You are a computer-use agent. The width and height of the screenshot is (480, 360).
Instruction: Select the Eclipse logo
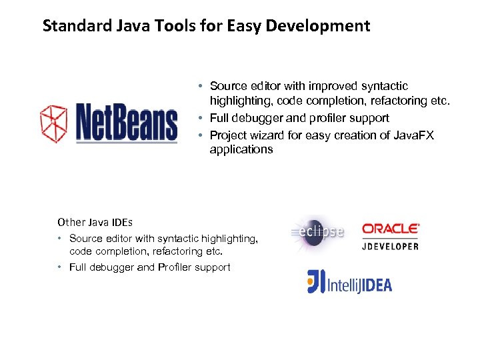tap(318, 232)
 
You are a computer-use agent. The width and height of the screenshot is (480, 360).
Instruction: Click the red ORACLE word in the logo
tap(391, 229)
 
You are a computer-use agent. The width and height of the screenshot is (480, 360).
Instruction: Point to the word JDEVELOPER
tap(391, 245)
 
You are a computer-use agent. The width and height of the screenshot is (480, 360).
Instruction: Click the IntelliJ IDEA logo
tap(349, 282)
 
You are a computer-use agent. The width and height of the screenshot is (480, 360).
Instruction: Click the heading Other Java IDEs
tap(95, 222)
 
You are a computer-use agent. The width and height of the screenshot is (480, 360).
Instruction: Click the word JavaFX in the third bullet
tap(413, 135)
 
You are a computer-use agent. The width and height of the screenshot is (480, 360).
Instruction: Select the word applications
tap(241, 149)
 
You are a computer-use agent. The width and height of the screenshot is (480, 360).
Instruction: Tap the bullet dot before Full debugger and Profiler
tap(60, 267)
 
